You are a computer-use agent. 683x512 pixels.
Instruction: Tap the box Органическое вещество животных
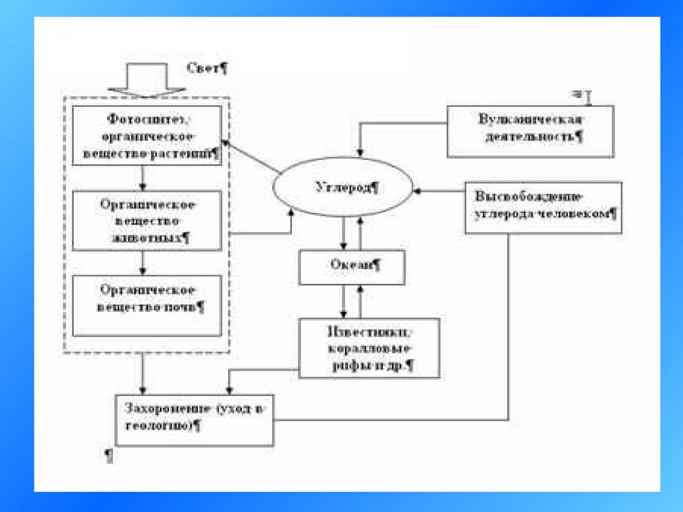coord(147,221)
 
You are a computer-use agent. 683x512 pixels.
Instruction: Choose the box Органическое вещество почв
coord(147,305)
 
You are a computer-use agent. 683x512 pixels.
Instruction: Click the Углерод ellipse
coord(343,187)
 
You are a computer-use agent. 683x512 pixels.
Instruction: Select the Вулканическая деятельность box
coord(530,131)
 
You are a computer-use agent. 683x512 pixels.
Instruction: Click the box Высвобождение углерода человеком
coord(543,207)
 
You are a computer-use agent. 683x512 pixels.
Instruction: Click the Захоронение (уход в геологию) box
coord(194,420)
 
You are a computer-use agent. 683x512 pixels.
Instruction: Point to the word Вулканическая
coord(530,119)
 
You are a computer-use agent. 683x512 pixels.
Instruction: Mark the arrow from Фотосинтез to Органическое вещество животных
coord(143,178)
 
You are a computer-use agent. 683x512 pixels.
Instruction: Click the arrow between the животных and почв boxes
coord(143,263)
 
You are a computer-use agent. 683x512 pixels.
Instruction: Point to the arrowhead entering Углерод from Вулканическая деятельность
coord(360,153)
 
